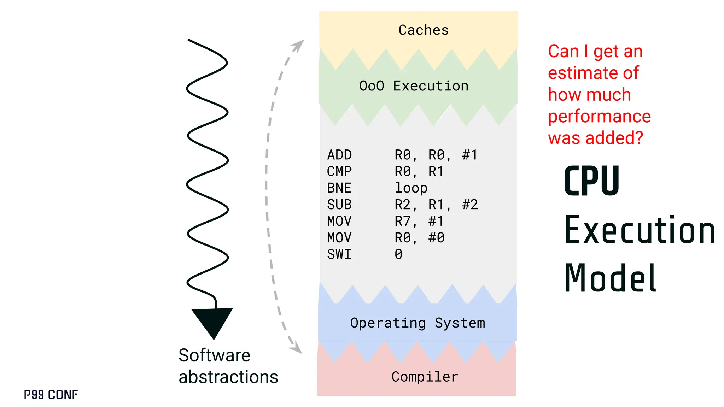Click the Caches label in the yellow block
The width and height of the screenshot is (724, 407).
coord(424,30)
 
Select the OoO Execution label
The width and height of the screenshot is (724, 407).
coord(414,86)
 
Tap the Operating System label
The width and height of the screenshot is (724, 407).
coord(418,323)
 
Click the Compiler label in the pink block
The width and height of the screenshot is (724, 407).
coord(425,377)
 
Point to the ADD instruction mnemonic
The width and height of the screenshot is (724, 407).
coord(339,155)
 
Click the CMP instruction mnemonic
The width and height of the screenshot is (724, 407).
coord(339,171)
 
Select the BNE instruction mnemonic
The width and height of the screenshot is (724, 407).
coord(339,188)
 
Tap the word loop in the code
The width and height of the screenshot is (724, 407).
coord(411,188)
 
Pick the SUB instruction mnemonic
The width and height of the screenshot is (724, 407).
coord(339,205)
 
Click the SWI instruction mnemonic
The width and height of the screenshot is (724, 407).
coord(339,254)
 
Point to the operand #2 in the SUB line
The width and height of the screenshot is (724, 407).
coord(470,205)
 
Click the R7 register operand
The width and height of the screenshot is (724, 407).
coord(403,221)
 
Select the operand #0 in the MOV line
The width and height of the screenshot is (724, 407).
coord(436,238)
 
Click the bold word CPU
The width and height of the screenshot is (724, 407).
coord(591,181)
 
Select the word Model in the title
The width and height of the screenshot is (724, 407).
coord(610,278)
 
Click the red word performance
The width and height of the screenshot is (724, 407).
coord(599,116)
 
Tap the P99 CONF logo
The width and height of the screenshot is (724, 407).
coord(51,395)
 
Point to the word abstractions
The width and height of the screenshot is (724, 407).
coord(228,377)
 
